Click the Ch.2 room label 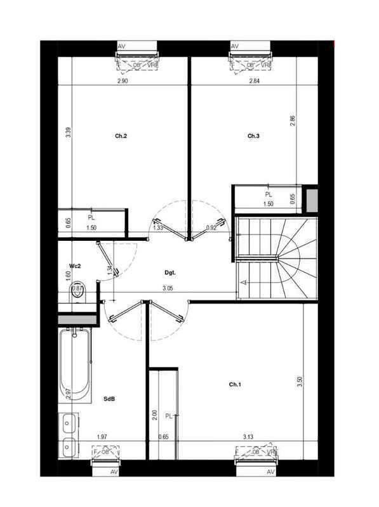point(121,136)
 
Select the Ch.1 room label point(236,385)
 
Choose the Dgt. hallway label point(170,274)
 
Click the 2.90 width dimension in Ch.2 point(123,82)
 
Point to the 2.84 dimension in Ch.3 point(255,82)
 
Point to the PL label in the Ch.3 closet point(269,195)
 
